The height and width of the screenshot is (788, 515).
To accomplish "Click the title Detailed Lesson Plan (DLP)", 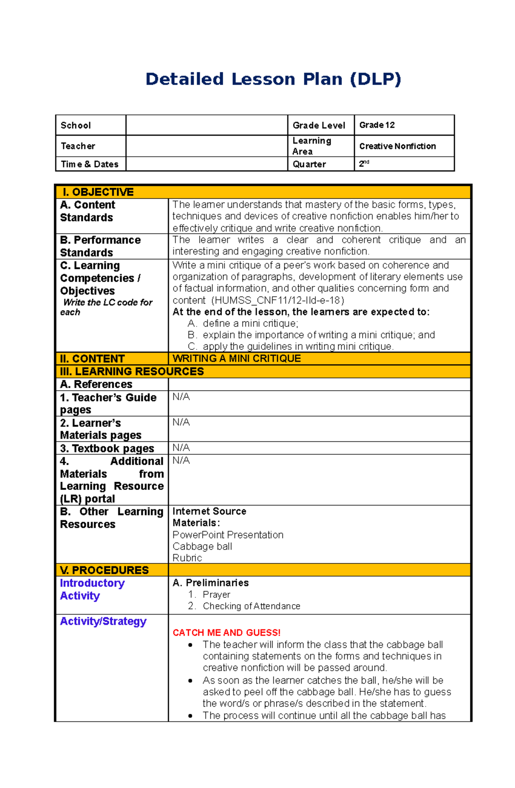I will (x=273, y=79).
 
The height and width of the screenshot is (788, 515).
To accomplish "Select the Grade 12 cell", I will (x=377, y=125).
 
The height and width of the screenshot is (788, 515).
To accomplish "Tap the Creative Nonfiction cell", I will (x=397, y=146).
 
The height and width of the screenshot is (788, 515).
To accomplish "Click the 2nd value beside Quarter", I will (x=364, y=164).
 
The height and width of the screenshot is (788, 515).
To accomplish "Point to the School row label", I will (x=76, y=125).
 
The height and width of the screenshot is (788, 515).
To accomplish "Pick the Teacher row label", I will (x=78, y=146).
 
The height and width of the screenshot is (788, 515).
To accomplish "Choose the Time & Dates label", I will (x=89, y=164).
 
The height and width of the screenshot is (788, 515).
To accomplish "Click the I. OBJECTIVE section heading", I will (x=98, y=192).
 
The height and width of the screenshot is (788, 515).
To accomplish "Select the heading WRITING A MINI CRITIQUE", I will (x=236, y=359).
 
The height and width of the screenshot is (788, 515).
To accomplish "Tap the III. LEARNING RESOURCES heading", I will (x=132, y=371).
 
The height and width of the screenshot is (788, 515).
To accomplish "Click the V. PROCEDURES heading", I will (x=104, y=570).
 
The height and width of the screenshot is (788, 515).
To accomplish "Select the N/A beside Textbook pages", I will (x=181, y=447).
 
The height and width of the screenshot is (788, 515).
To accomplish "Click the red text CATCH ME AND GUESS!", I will (x=227, y=633).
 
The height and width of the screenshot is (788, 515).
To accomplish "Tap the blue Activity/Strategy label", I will (x=103, y=621).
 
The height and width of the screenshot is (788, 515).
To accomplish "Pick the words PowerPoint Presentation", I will (x=228, y=535).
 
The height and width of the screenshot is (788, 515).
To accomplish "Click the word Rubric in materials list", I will (x=187, y=558).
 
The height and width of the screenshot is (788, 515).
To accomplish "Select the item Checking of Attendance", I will (x=251, y=606).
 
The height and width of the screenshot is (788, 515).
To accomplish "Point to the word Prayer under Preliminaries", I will (x=216, y=594).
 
